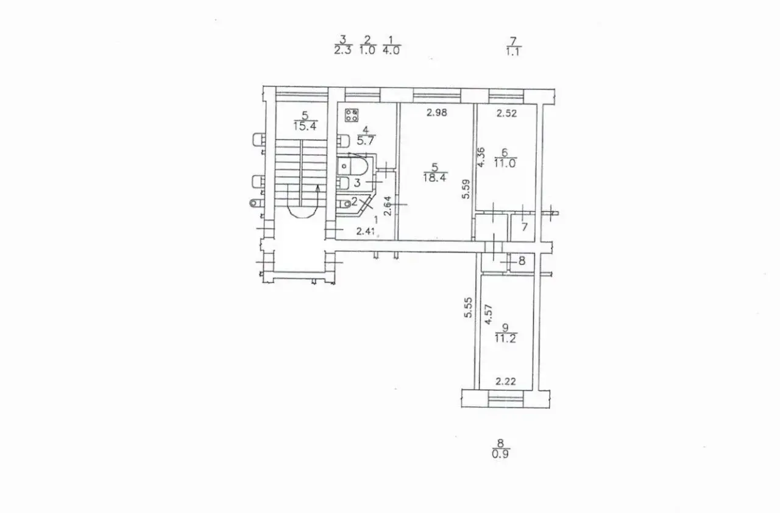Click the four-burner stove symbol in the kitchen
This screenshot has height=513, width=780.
(x=352, y=116)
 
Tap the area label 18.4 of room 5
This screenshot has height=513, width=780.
(x=435, y=178)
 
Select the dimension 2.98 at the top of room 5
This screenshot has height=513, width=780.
(x=437, y=113)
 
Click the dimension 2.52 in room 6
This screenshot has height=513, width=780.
(x=506, y=113)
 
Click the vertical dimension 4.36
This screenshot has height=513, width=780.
(x=481, y=158)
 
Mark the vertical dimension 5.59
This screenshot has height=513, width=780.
(x=466, y=189)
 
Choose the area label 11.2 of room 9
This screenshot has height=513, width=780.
(x=505, y=338)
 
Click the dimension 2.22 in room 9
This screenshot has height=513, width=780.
(x=506, y=382)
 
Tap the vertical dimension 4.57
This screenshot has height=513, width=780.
(x=489, y=315)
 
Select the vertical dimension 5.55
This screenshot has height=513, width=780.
(x=468, y=307)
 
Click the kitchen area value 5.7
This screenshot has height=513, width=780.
(x=365, y=141)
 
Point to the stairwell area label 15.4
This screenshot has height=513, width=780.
(x=305, y=125)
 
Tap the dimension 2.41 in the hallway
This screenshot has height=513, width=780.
(x=366, y=231)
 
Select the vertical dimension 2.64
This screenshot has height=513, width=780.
(x=387, y=206)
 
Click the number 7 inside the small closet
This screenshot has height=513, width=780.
(x=524, y=227)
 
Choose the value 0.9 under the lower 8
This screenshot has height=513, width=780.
(x=500, y=454)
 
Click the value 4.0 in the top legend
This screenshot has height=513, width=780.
(x=391, y=51)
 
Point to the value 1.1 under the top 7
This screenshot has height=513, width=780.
(x=513, y=52)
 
